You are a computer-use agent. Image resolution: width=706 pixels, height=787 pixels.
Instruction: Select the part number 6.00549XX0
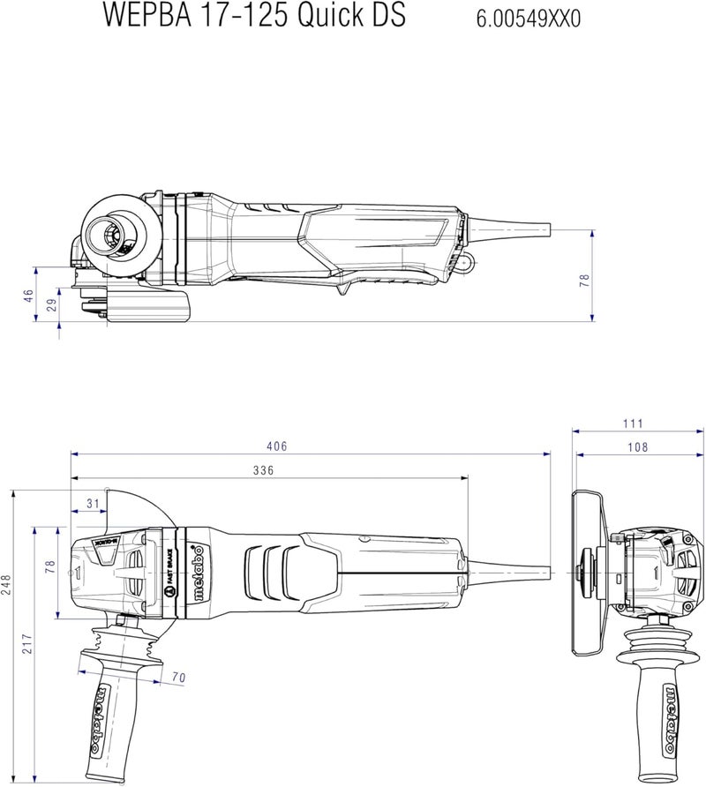point(529,18)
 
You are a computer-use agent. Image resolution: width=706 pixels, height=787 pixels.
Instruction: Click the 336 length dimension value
point(263,471)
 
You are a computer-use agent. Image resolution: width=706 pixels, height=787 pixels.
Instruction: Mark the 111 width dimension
point(633,424)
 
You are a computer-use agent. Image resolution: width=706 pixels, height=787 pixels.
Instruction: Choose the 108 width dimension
point(636,447)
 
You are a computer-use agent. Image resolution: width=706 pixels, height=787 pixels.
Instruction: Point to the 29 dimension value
point(51,305)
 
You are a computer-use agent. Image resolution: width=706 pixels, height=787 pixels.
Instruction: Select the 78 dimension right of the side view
point(583,280)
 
